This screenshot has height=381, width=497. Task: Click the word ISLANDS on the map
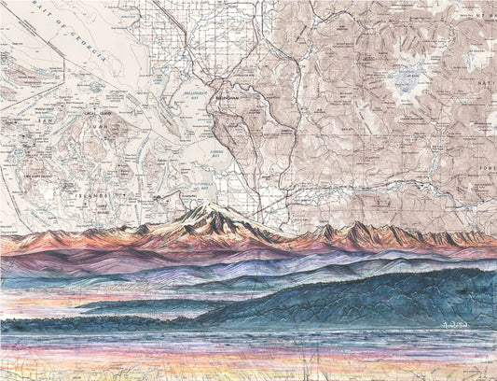tap(86, 194)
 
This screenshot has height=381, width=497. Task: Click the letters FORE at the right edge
tap(486, 171)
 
